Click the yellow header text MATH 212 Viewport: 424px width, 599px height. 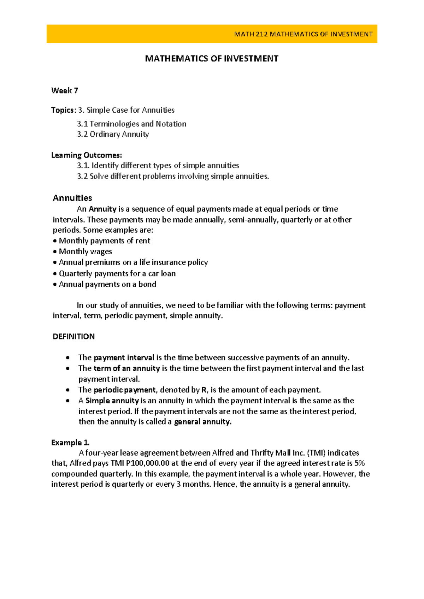(x=251, y=34)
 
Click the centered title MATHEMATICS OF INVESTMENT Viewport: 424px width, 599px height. (x=212, y=59)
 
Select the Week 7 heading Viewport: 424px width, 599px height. (x=65, y=91)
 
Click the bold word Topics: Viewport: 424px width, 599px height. (x=63, y=110)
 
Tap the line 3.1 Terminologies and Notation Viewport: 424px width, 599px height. (x=131, y=124)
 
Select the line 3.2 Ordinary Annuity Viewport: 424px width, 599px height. (x=113, y=134)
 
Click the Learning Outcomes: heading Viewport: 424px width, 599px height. (x=87, y=155)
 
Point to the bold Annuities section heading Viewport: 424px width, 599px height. (x=72, y=198)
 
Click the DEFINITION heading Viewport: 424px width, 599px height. (x=73, y=337)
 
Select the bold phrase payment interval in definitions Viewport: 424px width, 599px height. (x=124, y=358)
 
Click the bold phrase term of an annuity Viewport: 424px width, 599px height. (x=126, y=368)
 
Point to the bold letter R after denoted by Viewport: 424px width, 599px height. (x=204, y=390)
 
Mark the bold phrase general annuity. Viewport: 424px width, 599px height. (x=203, y=422)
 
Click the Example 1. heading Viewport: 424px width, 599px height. (x=70, y=443)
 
